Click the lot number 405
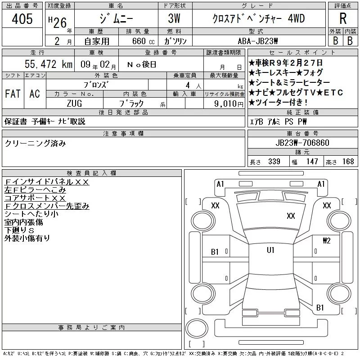click(x=22, y=19)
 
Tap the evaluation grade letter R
click(x=343, y=18)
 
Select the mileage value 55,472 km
click(x=49, y=64)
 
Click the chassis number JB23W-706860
click(x=302, y=143)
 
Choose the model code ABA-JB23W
click(x=258, y=41)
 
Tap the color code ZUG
click(x=74, y=103)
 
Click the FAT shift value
click(x=13, y=94)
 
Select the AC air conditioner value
click(x=35, y=94)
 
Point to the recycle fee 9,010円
click(x=229, y=104)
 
